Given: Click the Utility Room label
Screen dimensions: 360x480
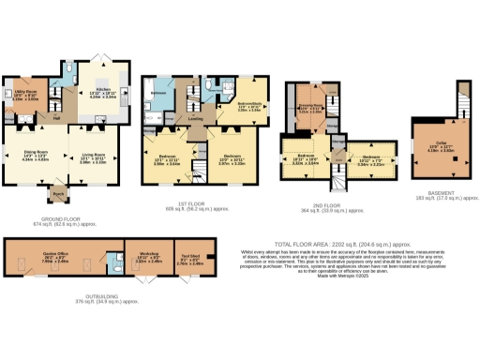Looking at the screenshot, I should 24,94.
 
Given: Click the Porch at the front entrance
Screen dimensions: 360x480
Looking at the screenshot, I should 58,197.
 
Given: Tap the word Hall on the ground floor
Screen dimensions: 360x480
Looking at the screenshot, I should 57,117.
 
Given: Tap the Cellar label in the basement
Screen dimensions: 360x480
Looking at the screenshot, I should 433,145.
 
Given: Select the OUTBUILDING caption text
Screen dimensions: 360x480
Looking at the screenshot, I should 104,297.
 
